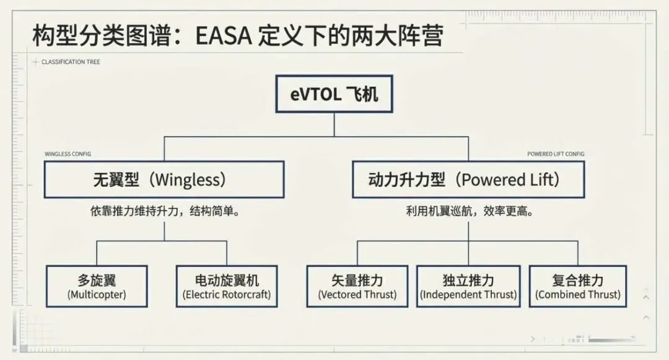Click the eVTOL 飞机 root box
click(x=334, y=95)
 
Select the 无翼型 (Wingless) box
click(x=164, y=180)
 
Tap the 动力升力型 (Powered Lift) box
click(x=468, y=180)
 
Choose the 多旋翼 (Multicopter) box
click(x=97, y=286)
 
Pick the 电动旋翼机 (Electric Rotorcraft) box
click(x=227, y=286)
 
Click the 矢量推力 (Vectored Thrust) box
click(x=357, y=286)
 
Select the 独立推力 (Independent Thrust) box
click(x=468, y=286)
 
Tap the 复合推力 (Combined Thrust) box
click(x=578, y=286)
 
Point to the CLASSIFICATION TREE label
click(x=71, y=62)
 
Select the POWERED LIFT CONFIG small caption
click(x=556, y=154)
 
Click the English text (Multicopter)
click(x=97, y=295)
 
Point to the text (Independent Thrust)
click(x=468, y=295)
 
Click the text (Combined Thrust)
click(x=578, y=295)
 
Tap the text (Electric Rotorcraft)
click(x=227, y=295)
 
